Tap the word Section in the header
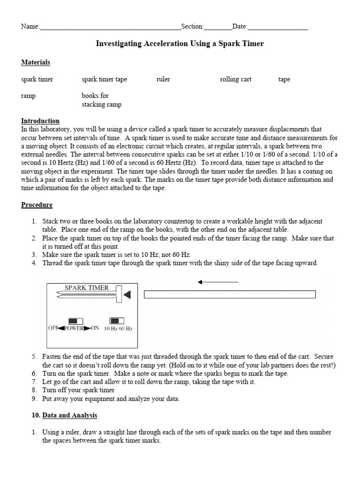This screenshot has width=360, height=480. tap(192, 27)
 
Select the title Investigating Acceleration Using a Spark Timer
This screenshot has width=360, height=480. tap(180, 44)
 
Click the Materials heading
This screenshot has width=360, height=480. tap(36, 62)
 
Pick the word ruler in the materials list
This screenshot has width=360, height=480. tap(163, 79)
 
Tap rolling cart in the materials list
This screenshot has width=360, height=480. tap(235, 79)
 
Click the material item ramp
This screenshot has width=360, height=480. tap(28, 96)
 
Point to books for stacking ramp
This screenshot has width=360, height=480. tap(101, 100)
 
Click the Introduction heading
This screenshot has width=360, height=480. tap(40, 121)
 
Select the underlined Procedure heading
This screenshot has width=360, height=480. tap(37, 205)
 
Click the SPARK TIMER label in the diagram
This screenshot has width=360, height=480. tap(86, 288)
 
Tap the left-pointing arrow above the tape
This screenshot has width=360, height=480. tap(218, 282)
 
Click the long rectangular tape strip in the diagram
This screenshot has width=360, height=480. tap(230, 294)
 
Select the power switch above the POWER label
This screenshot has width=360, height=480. tap(75, 321)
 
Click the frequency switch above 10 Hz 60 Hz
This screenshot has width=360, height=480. tap(117, 321)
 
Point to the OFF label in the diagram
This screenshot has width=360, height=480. tap(52, 329)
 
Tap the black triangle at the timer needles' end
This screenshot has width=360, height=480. tap(127, 294)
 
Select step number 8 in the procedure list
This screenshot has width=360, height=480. tap(35, 390)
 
